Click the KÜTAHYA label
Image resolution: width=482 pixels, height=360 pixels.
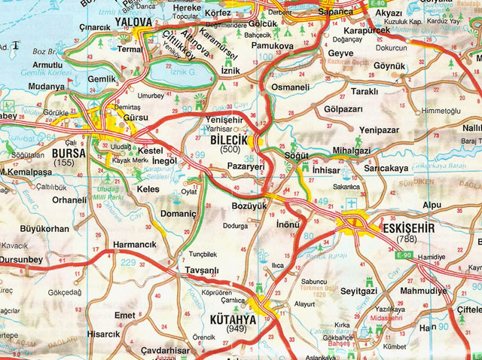pyautogui.click(x=233, y=319)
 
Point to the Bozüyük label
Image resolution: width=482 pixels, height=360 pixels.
pyautogui.click(x=249, y=206)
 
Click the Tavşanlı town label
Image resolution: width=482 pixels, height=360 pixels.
pyautogui.click(x=202, y=270)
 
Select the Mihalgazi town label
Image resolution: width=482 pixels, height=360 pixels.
pyautogui.click(x=346, y=151)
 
